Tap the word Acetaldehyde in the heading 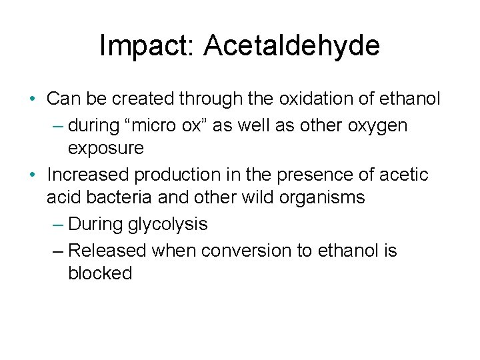[292, 46]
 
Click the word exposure [105, 148]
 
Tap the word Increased [88, 175]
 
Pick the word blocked [100, 273]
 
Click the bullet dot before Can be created [33, 100]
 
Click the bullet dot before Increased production [33, 175]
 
